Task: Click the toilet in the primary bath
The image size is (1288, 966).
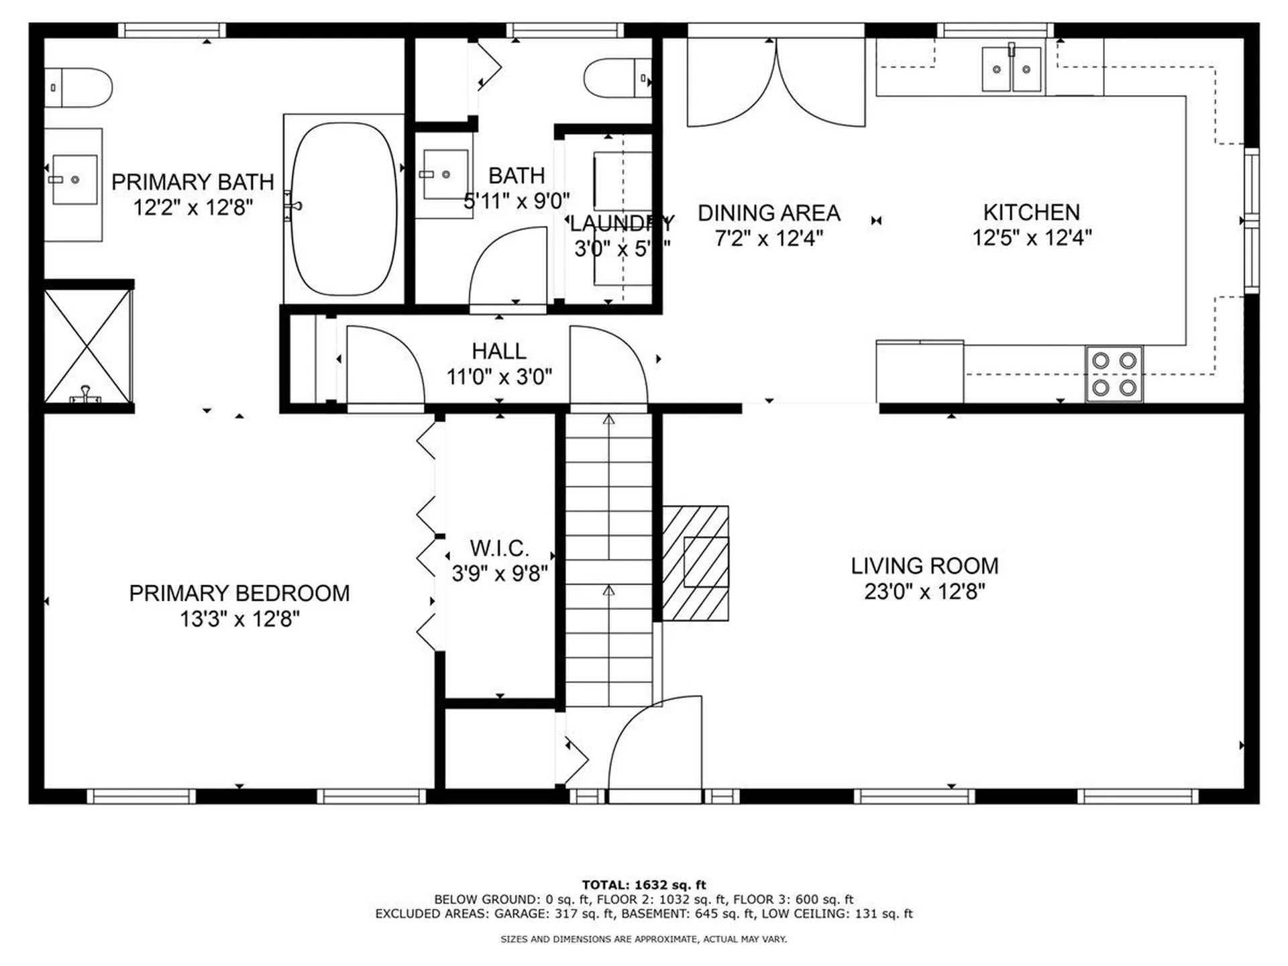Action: [x=78, y=87]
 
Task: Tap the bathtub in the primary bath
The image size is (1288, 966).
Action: [x=344, y=209]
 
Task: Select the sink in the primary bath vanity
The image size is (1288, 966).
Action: [x=74, y=180]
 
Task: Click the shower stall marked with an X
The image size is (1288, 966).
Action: [x=87, y=346]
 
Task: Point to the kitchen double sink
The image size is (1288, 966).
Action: [x=1012, y=69]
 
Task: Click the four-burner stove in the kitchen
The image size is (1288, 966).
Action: [x=1114, y=374]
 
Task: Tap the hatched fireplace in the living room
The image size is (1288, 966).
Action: [x=696, y=563]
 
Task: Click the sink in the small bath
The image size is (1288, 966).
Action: [x=445, y=174]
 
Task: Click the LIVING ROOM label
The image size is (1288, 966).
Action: [x=924, y=566]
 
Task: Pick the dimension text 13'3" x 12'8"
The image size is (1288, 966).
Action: [x=239, y=619]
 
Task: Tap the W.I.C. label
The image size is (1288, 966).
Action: [x=499, y=548]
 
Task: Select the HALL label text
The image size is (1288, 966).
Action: [x=498, y=351]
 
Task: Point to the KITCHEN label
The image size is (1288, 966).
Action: [x=1031, y=212]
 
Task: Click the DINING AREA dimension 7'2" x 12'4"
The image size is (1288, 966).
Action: [x=769, y=238]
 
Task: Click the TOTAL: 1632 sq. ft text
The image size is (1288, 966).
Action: [x=643, y=885]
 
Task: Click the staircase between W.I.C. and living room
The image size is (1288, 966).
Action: [x=608, y=560]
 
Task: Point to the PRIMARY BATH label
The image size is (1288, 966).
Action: [x=193, y=182]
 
